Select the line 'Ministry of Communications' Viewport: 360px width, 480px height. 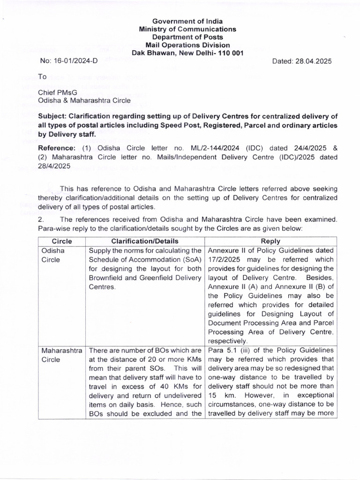point(187,29)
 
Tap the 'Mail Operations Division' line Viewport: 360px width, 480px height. point(187,45)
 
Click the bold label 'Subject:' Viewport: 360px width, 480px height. point(53,117)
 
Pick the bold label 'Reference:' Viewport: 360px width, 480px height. point(56,149)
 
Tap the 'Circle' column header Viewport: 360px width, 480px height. point(62,241)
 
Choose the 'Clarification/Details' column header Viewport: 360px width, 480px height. point(145,241)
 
